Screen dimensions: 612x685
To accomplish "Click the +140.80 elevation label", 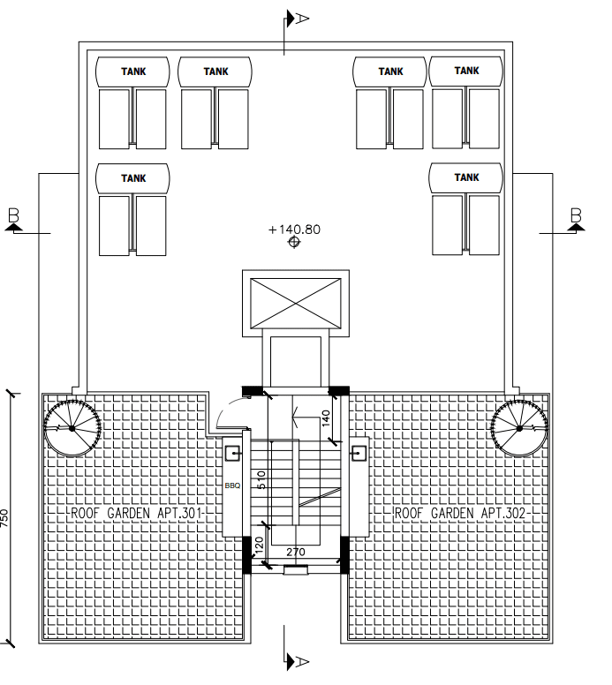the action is pos(294,230).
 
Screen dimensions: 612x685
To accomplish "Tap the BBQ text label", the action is pos(232,486).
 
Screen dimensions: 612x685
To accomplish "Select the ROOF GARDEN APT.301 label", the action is pos(136,513).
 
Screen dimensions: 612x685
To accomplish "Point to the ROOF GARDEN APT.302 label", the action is pos(460,513).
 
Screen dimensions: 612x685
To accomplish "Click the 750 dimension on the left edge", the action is pos(4,517).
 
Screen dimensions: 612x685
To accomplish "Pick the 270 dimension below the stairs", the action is pos(296,552).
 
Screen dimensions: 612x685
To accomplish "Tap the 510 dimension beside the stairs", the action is pos(261,479).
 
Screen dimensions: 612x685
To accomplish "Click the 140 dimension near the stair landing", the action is pos(326,418).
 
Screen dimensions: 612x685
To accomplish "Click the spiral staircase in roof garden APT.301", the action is pos(72,428).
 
